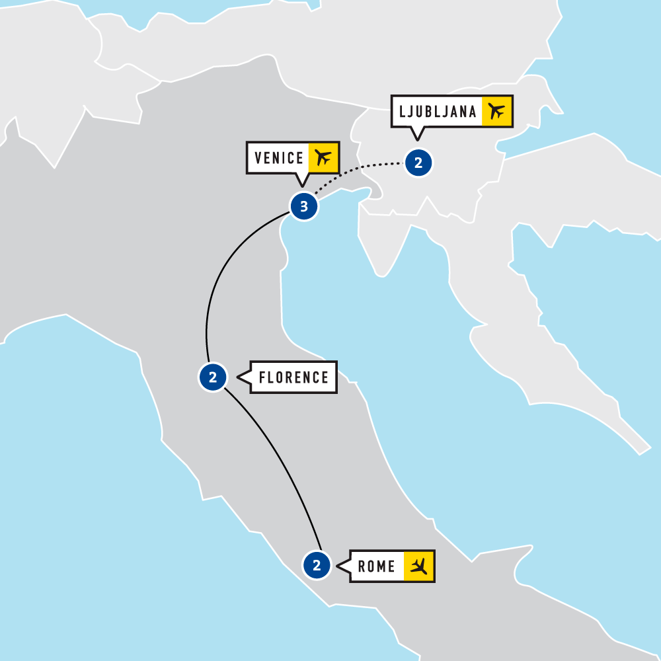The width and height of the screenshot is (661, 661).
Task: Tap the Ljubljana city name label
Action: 438,111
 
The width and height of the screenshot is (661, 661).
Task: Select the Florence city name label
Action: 293,377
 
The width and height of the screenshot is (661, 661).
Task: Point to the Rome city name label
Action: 377,566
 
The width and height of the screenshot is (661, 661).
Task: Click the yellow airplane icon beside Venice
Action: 323,158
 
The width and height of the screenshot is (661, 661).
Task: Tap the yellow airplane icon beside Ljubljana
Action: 497,111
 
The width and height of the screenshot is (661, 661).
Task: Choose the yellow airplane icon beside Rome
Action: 418,566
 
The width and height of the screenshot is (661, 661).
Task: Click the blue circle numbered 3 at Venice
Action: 303,207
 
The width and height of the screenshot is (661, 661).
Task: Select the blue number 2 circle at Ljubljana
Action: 418,162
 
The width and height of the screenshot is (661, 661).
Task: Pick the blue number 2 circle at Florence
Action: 213,378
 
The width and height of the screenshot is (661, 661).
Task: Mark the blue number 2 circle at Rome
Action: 317,566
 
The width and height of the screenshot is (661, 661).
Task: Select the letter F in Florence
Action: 262,377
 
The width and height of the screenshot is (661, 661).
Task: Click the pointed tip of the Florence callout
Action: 238,378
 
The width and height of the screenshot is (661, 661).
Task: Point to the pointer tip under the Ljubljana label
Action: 416,139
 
